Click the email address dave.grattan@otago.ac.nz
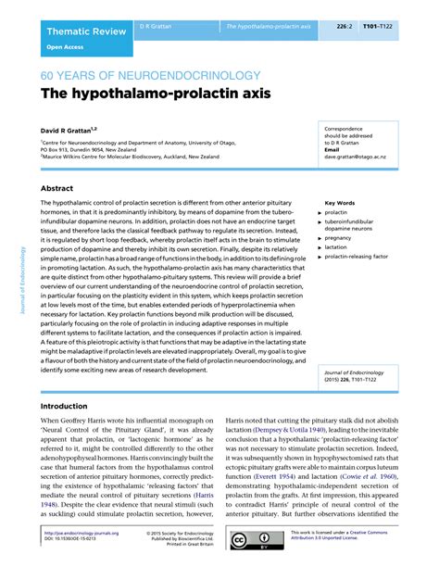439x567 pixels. click(x=356, y=157)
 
